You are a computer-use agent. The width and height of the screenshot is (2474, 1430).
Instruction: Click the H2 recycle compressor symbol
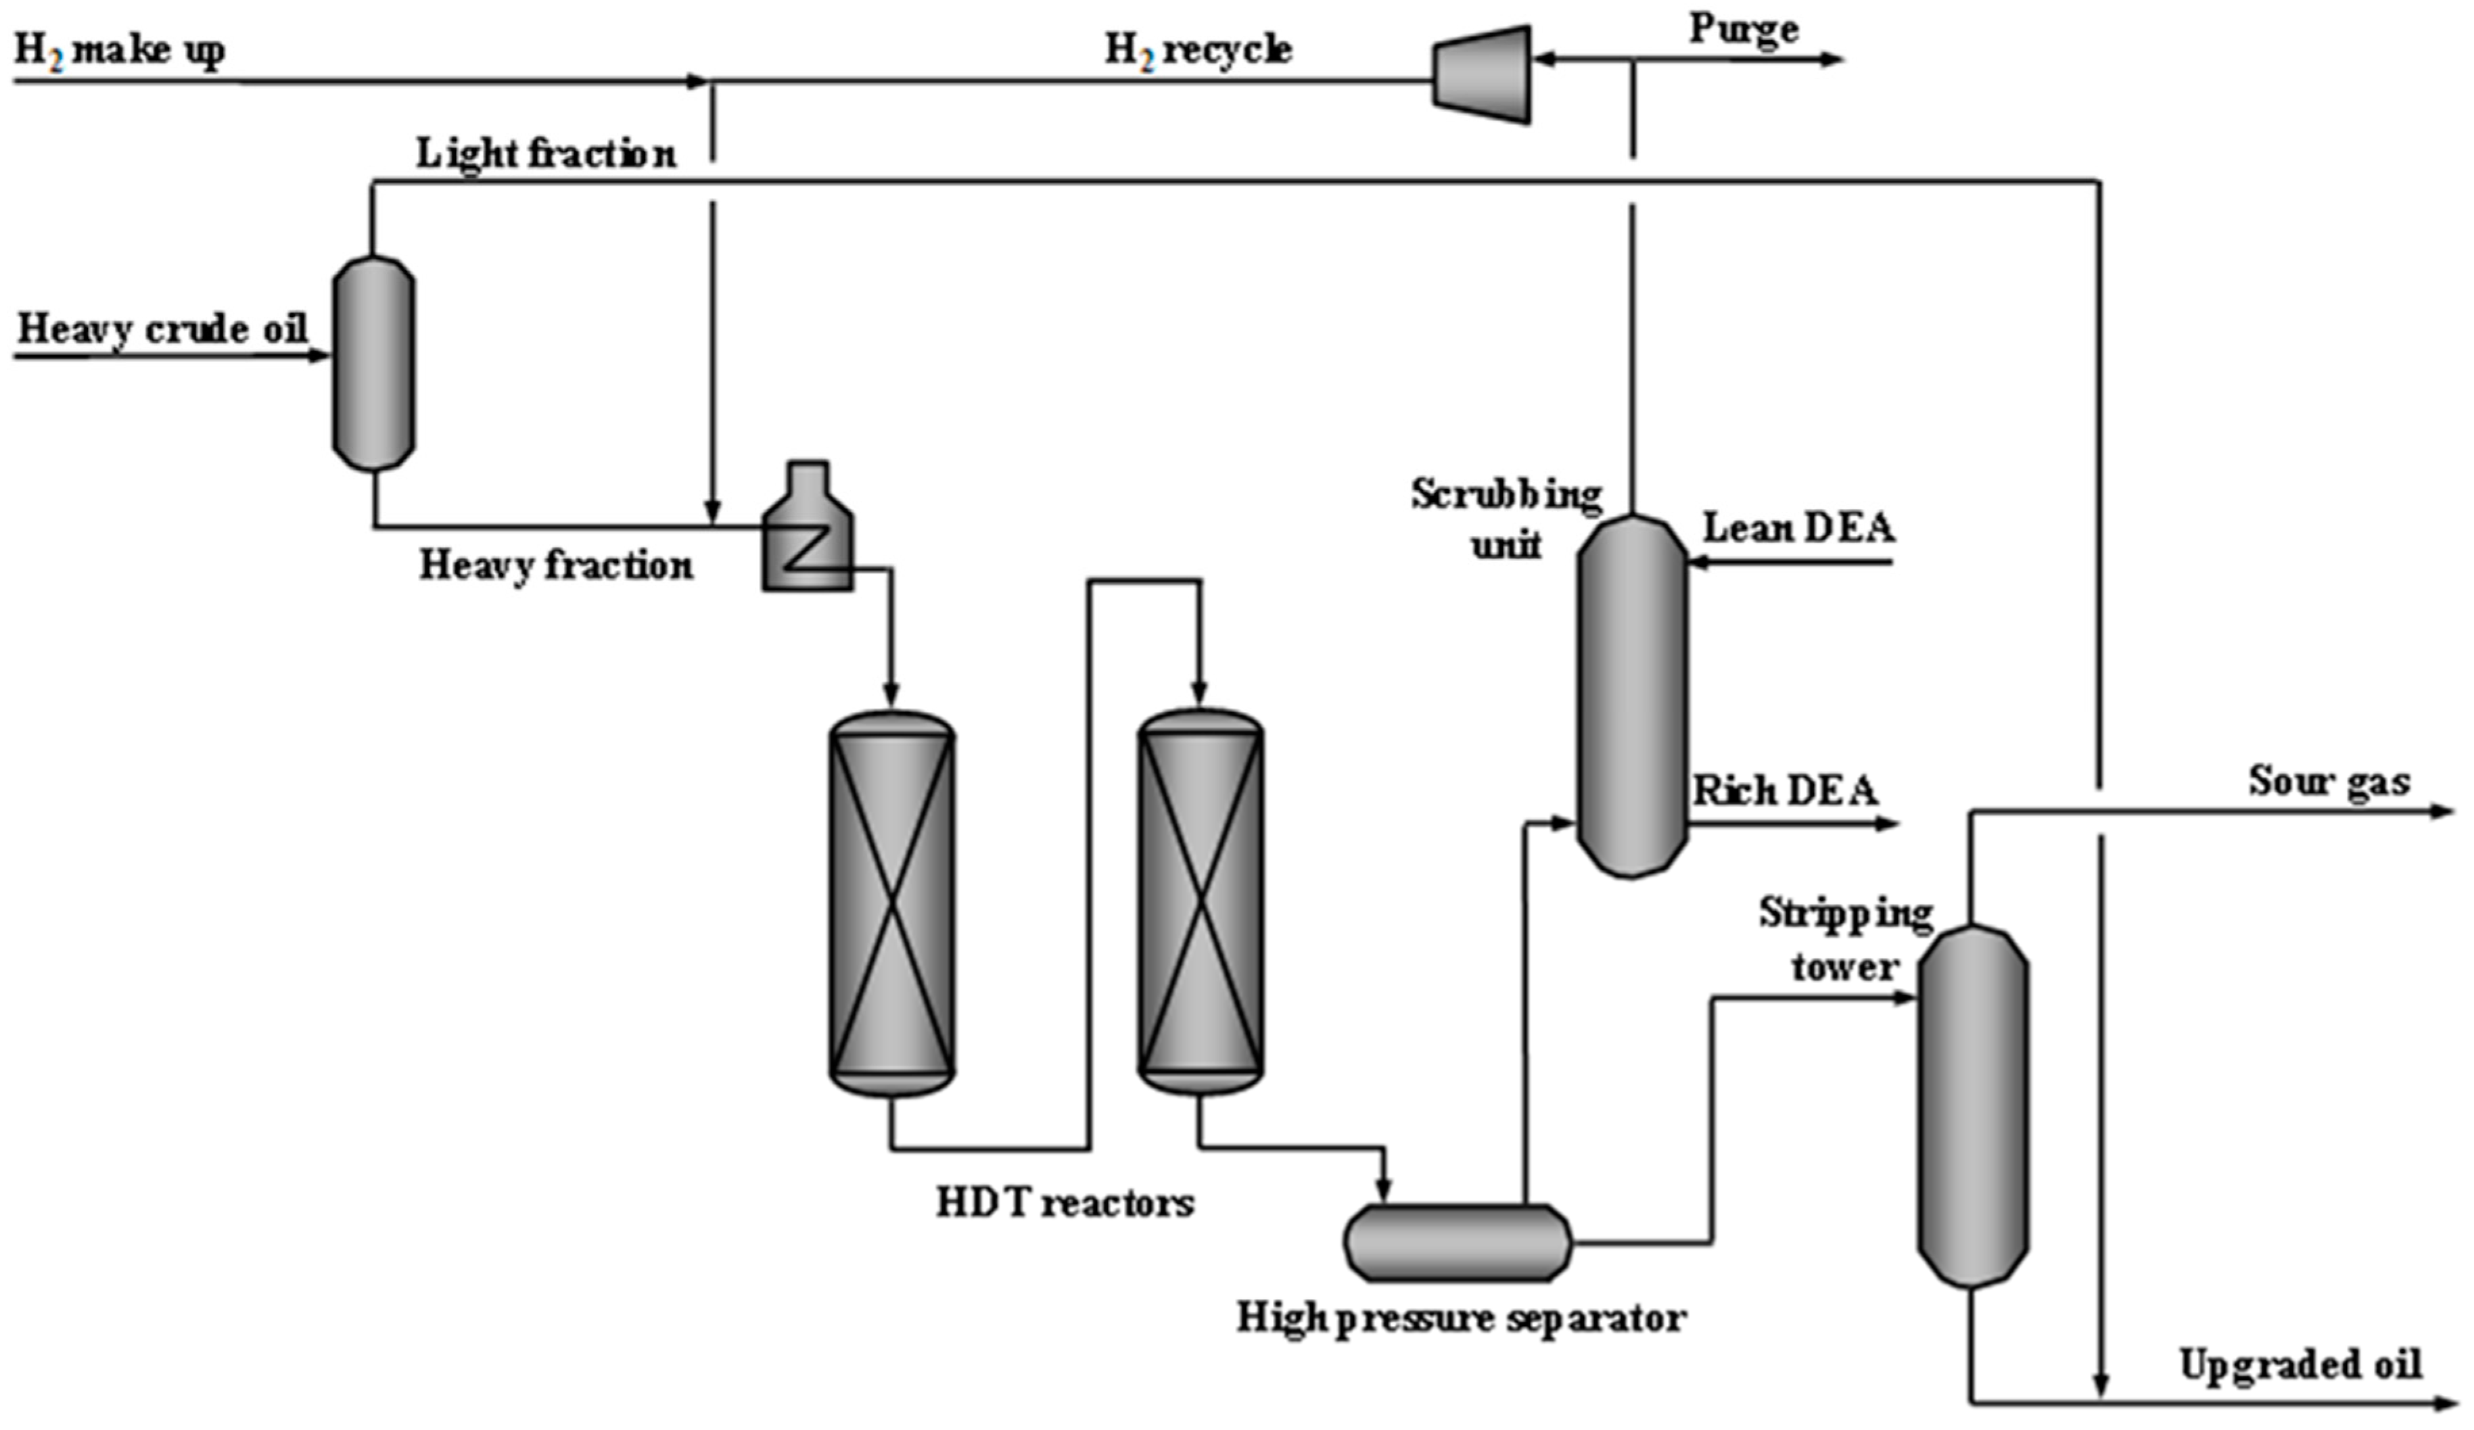coord(1481,74)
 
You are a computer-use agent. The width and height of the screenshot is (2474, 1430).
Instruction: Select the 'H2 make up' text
coord(119,50)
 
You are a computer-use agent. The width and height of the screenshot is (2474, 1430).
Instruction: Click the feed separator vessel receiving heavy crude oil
coord(373,362)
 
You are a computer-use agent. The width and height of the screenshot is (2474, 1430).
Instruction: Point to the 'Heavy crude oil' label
coord(162,328)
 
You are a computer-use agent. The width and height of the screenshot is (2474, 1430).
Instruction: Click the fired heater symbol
coord(807,531)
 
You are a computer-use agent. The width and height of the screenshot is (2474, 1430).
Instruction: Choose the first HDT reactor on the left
coord(891,903)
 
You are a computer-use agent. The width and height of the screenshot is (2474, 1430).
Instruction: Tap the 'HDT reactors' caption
coord(1065,1202)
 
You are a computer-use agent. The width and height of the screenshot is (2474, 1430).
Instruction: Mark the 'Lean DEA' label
coord(1798,528)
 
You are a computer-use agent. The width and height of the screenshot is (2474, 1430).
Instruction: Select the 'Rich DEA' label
coord(1785,790)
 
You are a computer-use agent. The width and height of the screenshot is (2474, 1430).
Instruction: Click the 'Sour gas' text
coord(2329,781)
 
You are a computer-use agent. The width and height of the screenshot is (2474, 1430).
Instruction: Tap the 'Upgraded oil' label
coord(2300,1364)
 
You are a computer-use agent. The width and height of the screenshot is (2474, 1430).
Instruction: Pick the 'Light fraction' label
coord(546,153)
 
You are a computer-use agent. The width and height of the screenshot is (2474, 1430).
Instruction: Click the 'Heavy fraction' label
coord(556,565)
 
